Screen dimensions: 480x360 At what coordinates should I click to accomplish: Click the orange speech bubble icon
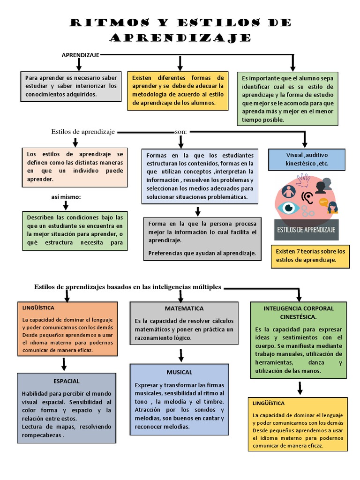(x=323, y=202)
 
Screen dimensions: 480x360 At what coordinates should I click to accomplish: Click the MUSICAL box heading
(x=179, y=372)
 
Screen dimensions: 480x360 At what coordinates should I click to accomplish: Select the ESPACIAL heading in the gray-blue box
(x=66, y=381)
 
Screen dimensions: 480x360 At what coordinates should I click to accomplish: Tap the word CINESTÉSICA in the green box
(x=299, y=317)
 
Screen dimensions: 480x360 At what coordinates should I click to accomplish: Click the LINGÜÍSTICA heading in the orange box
(x=38, y=307)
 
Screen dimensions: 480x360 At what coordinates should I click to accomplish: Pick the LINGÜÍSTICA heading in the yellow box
(x=269, y=403)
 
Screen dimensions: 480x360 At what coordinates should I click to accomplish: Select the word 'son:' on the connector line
(x=180, y=132)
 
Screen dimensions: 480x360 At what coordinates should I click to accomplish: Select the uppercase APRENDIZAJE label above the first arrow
(x=80, y=55)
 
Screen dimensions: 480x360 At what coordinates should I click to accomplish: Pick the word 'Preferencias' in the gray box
(x=165, y=254)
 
